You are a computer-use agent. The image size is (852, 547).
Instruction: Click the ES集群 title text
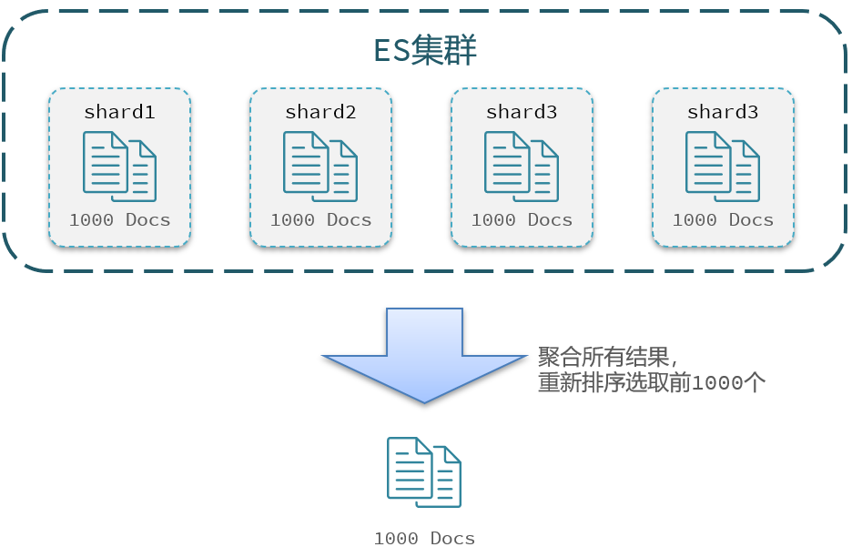click(425, 50)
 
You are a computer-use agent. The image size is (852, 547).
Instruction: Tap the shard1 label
click(119, 112)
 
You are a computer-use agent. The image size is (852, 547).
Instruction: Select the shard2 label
click(320, 112)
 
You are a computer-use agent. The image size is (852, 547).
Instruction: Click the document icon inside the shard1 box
click(119, 166)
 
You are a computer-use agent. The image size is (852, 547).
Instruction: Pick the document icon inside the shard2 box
click(320, 166)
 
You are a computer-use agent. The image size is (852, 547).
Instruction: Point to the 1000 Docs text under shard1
click(119, 219)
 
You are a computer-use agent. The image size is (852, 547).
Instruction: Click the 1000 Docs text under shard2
click(320, 219)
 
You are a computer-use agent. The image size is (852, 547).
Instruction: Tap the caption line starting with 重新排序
click(651, 382)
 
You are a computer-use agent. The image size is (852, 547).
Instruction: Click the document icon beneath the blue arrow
click(424, 471)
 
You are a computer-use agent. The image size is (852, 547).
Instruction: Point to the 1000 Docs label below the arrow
click(424, 538)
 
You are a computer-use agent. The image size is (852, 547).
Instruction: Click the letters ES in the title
click(391, 50)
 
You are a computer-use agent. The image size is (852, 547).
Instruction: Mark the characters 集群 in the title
click(444, 50)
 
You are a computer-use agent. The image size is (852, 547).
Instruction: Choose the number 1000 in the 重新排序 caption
click(717, 383)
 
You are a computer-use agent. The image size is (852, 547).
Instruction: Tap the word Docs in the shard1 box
click(148, 219)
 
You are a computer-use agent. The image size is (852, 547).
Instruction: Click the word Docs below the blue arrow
click(453, 538)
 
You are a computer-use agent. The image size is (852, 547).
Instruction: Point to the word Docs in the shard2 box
click(350, 219)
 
